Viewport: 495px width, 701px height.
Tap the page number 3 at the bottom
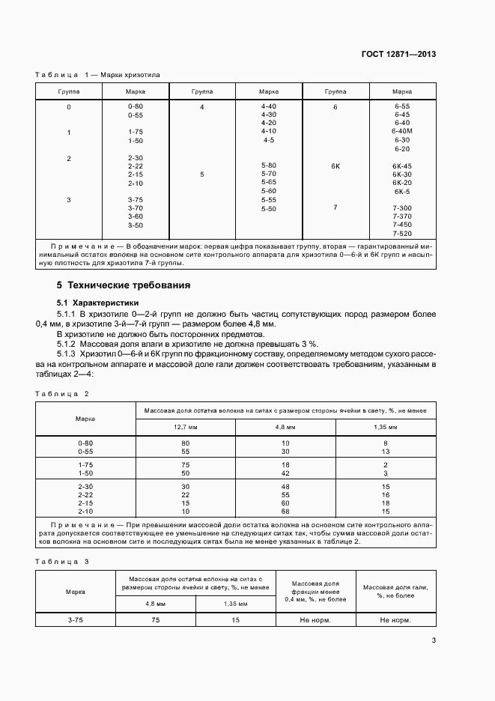[x=434, y=640]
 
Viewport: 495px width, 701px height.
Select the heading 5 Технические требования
[x=124, y=285]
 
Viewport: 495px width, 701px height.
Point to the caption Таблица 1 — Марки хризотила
[x=97, y=74]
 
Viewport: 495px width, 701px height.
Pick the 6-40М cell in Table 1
[x=402, y=131]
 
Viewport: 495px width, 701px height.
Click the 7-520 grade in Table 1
[x=402, y=234]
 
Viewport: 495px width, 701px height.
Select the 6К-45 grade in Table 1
[x=402, y=166]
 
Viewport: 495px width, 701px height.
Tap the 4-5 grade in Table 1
[x=269, y=140]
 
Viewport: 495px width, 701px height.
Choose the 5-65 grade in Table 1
[x=269, y=182]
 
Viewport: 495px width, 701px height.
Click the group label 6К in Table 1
[x=335, y=166]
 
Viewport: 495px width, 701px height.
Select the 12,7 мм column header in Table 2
[x=185, y=426]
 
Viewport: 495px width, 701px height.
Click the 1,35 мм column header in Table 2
[x=386, y=426]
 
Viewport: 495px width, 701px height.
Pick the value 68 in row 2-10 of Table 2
[x=285, y=512]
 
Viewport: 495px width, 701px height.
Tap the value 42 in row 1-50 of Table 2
[x=285, y=474]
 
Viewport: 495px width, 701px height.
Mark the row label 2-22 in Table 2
[x=85, y=495]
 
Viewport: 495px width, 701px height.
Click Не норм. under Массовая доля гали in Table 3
[x=394, y=620]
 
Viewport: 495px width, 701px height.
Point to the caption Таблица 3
[x=62, y=561]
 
